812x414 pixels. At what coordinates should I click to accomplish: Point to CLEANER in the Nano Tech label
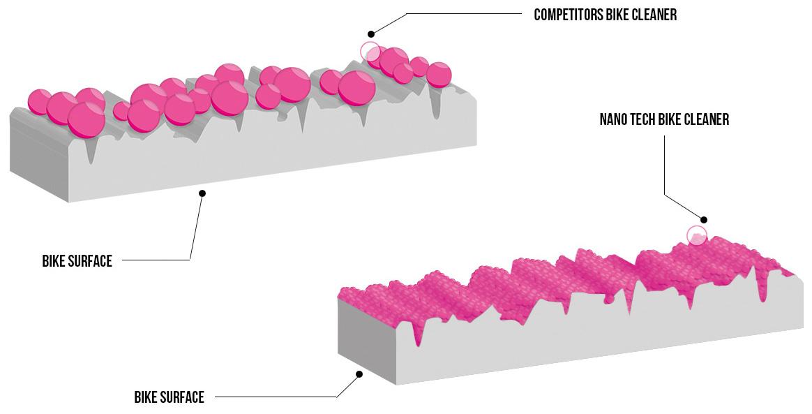[705, 119]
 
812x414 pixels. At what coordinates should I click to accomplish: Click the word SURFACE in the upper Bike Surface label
[89, 261]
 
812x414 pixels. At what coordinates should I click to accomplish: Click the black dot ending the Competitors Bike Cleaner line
[371, 34]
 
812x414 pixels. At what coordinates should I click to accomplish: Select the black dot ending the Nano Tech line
[704, 220]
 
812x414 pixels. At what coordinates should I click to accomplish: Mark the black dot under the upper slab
[202, 193]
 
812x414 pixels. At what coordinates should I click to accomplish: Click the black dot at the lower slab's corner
[359, 374]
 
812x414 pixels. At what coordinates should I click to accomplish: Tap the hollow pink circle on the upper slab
[370, 51]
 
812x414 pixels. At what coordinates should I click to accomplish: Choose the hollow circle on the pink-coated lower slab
[696, 235]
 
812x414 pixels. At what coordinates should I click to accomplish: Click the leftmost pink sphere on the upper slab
[39, 101]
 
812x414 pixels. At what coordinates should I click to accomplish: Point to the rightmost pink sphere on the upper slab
[439, 74]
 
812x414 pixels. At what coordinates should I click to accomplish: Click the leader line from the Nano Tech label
[664, 168]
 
